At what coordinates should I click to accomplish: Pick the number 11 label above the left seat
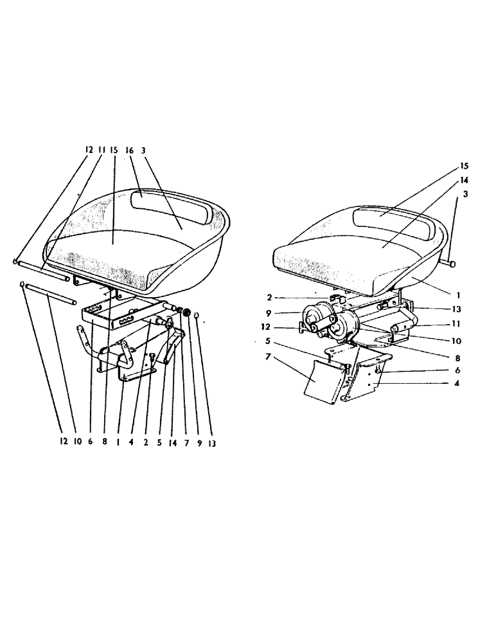coord(101,149)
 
